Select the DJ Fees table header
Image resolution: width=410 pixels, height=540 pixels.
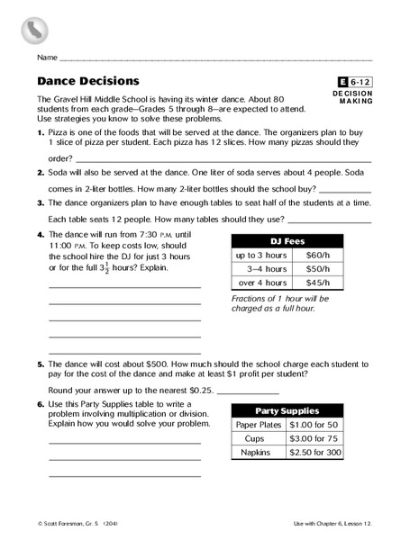point(287,241)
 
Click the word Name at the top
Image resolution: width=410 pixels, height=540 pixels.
point(47,57)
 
